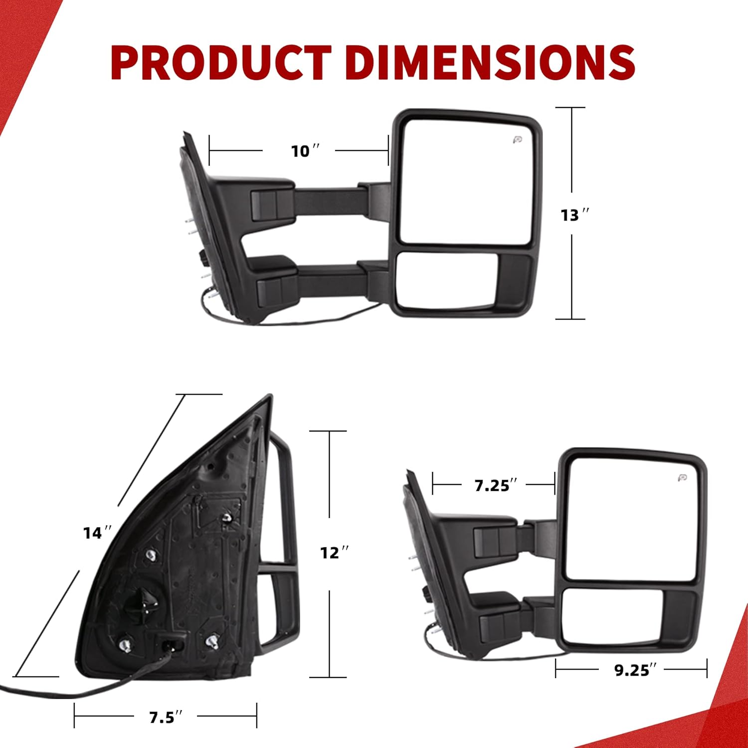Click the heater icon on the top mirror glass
pyautogui.click(x=517, y=140)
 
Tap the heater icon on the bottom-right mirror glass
pyautogui.click(x=682, y=478)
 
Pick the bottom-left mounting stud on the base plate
pyautogui.click(x=125, y=645)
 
